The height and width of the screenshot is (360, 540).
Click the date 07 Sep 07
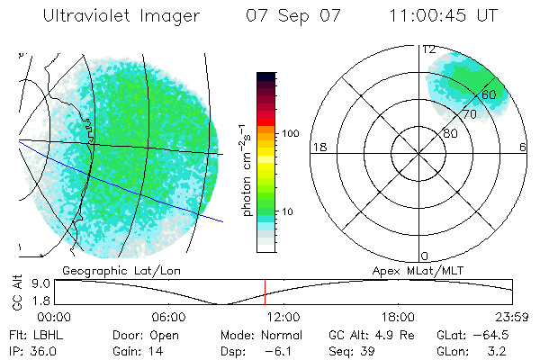point(283,16)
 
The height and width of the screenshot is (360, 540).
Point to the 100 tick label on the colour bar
point(290,133)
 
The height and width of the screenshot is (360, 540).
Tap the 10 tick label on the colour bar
point(289,212)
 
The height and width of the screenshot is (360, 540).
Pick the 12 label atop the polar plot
point(429,49)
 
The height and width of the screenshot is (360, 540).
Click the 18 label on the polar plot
point(318,147)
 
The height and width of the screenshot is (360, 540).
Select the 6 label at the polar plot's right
point(523,147)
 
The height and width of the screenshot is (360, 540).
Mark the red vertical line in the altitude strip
point(265,291)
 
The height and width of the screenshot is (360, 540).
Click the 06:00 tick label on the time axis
point(168,317)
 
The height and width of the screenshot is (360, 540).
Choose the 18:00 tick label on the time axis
point(397,317)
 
